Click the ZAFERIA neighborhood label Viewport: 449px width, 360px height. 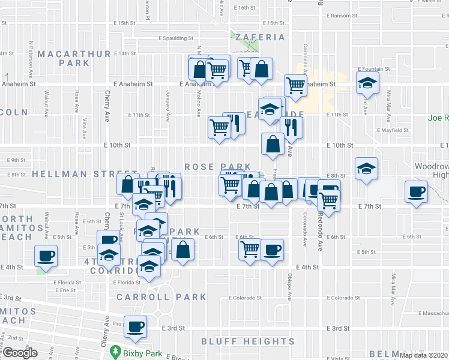pos(259,37)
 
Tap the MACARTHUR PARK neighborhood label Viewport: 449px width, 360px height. pos(74,58)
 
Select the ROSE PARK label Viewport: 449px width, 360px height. pos(209,166)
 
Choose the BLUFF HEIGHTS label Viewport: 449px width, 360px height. pos(248,341)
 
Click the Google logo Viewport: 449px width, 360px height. pos(20,352)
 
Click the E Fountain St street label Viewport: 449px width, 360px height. pos(373,69)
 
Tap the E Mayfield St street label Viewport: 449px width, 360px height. pos(393,130)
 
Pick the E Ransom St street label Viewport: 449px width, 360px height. pos(340,16)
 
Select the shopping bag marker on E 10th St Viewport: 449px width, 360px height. pos(273,144)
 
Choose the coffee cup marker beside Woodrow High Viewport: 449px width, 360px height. pos(416,192)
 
